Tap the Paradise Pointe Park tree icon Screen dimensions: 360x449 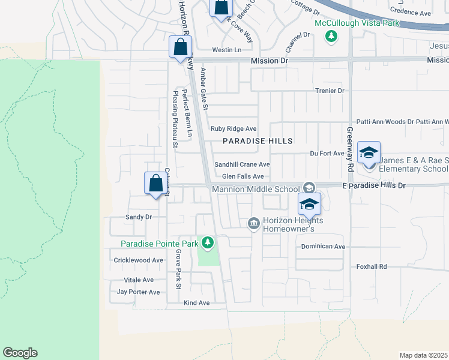tap(207, 243)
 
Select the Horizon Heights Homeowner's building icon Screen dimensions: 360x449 tap(253, 224)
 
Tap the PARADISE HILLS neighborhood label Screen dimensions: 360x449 tap(258, 141)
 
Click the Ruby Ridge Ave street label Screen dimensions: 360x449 tap(234, 128)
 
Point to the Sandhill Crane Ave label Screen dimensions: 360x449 tap(242, 164)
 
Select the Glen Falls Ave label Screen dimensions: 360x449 tap(243, 176)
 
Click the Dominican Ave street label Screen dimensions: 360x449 tap(323, 247)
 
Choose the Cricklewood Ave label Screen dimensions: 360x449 tap(139, 260)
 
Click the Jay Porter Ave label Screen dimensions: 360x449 tap(139, 292)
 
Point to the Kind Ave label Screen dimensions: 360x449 tap(196, 303)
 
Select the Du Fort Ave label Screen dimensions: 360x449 tap(327, 153)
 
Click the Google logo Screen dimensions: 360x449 tap(20, 353)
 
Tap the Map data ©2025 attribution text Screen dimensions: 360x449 tap(423, 355)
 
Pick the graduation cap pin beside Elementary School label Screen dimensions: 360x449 tap(369, 152)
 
